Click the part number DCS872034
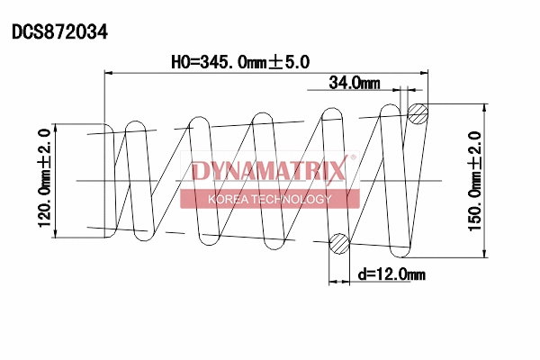click(x=59, y=31)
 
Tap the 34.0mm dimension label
click(x=354, y=83)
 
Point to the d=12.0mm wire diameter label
click(x=391, y=274)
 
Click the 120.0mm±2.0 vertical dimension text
click(x=42, y=179)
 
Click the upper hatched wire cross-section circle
click(x=418, y=113)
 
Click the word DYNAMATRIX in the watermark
click(x=267, y=171)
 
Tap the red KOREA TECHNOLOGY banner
click(x=269, y=199)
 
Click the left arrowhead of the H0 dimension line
click(x=111, y=73)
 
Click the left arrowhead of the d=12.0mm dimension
click(x=332, y=282)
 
